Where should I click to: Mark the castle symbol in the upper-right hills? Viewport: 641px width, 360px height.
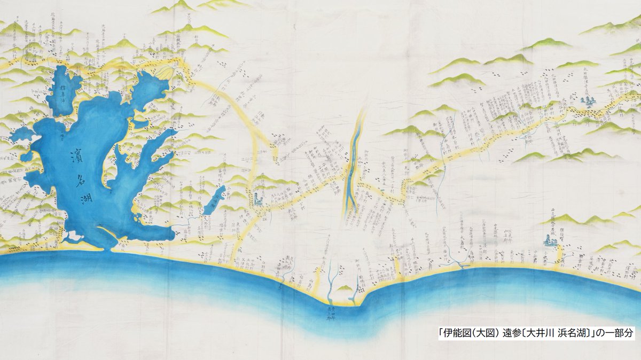point(589,100)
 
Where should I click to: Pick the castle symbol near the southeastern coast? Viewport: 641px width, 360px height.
point(551,241)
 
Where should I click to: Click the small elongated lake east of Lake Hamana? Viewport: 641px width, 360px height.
point(215,200)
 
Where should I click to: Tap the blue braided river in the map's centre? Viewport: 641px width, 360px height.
point(353,171)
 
